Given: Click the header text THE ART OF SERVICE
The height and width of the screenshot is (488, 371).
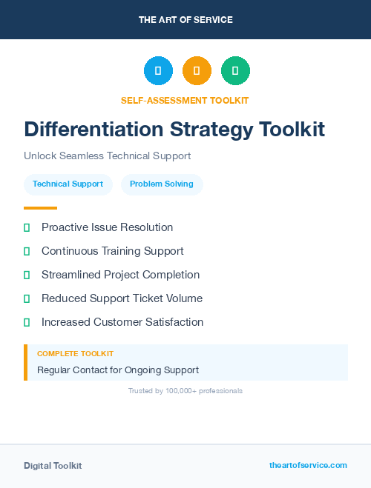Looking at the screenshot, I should [x=185, y=20].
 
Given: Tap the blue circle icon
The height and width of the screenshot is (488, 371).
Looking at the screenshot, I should [x=158, y=71].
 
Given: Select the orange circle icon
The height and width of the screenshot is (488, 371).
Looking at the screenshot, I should [x=197, y=71].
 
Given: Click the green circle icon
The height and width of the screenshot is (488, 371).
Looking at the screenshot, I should [x=235, y=71].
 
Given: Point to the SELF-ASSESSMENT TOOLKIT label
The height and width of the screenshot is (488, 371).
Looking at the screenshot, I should [x=185, y=100].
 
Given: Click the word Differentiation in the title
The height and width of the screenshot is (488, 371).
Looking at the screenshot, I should [x=93, y=130].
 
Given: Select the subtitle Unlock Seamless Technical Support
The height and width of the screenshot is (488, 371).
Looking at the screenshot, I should [x=107, y=156].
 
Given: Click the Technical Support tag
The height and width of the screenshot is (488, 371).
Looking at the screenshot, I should [x=68, y=184].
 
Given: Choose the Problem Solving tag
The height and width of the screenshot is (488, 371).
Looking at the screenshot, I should [x=162, y=184].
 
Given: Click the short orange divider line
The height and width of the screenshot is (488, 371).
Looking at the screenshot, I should [x=40, y=208].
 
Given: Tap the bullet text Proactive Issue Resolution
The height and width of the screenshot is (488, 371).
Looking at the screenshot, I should [x=107, y=227].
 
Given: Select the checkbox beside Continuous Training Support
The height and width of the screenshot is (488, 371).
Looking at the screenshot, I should [x=27, y=251].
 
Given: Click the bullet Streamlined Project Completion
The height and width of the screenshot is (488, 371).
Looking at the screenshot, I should [x=120, y=275].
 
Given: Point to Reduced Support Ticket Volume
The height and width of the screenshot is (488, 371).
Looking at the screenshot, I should [x=122, y=298].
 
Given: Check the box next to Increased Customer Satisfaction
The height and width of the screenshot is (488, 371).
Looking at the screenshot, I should [x=27, y=322].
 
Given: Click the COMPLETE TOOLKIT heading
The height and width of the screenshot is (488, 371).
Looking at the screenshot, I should [x=75, y=354].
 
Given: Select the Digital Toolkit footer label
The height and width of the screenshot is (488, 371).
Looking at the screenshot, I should [x=53, y=466].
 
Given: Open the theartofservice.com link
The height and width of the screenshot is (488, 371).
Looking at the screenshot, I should [x=308, y=465].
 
